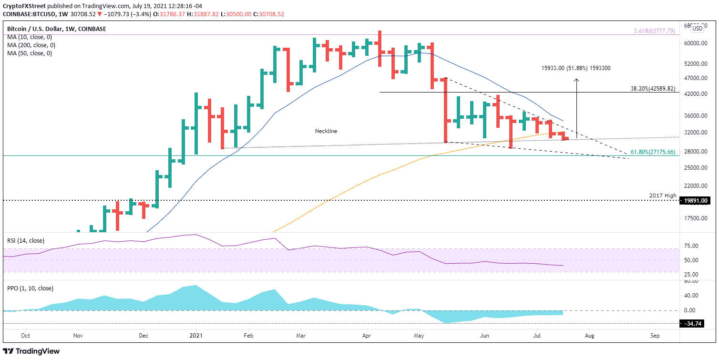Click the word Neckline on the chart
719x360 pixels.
[x=326, y=131]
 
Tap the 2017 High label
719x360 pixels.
[x=663, y=195]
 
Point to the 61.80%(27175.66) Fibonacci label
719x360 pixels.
[x=652, y=152]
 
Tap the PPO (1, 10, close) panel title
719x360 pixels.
[x=30, y=288]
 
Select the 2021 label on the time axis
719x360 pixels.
[x=196, y=335]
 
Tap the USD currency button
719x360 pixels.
[x=697, y=28]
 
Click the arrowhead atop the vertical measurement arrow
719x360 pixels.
[x=576, y=80]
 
